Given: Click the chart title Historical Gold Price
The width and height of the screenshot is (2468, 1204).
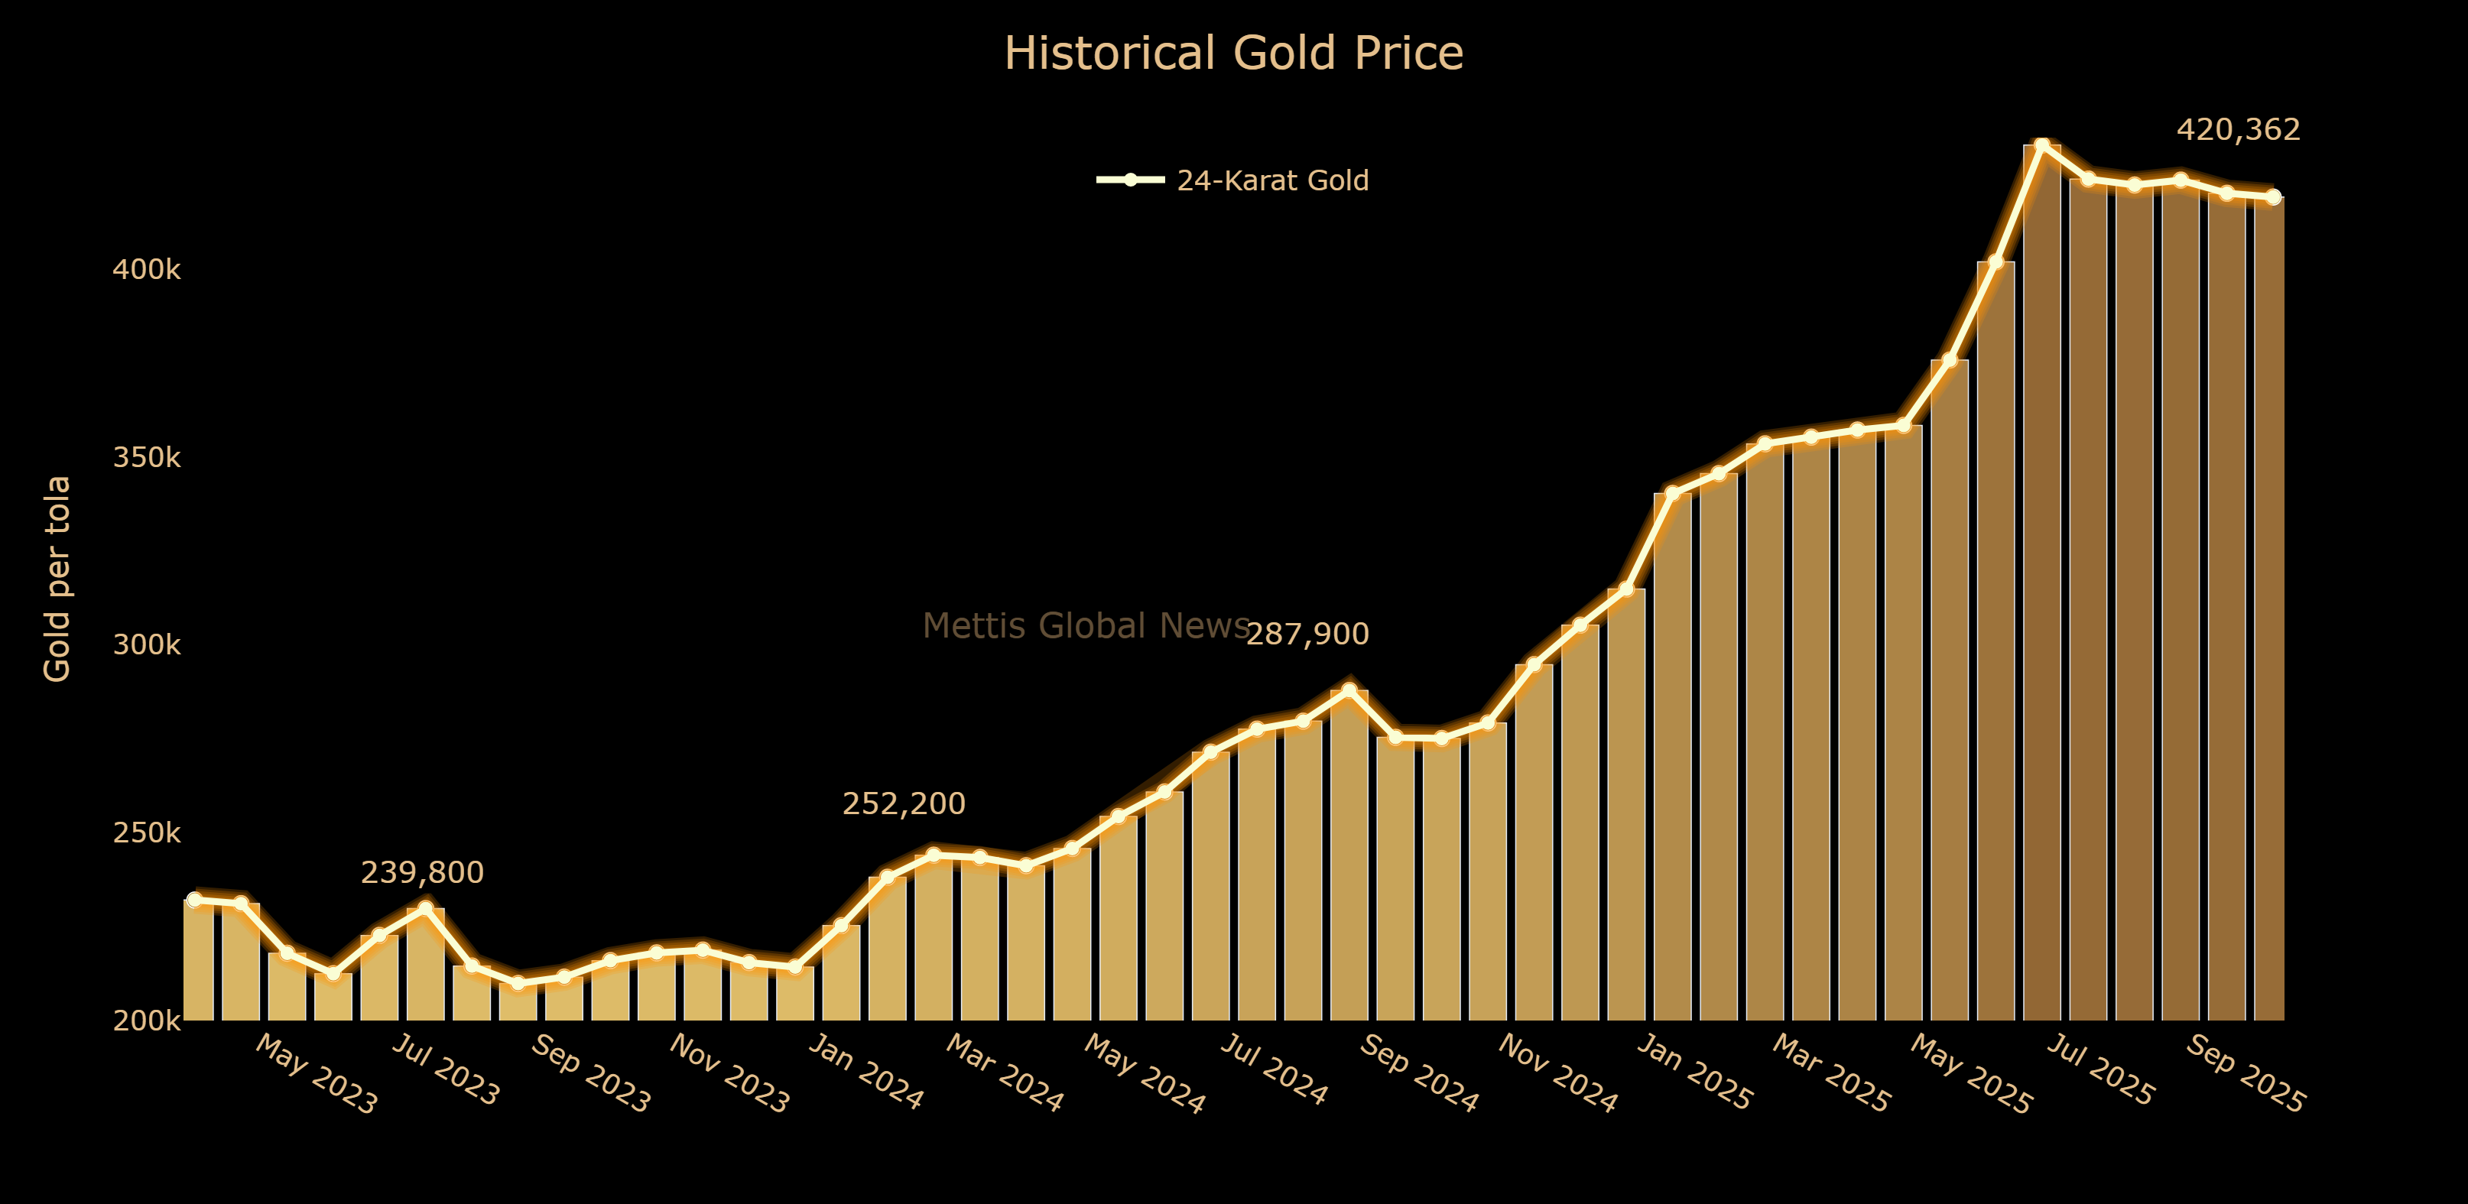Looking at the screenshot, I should click(x=1233, y=54).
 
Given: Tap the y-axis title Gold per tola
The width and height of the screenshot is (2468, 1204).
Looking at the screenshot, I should click(x=57, y=579).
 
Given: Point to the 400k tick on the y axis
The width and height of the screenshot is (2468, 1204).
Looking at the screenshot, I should click(x=147, y=270).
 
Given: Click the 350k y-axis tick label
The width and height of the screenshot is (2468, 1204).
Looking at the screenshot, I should click(x=147, y=458).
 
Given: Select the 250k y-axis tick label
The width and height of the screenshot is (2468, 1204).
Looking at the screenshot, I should click(x=147, y=833).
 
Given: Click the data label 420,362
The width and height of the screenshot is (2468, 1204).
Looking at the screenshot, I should click(x=2238, y=129).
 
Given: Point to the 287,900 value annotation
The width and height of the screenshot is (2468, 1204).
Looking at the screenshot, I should click(x=1307, y=634).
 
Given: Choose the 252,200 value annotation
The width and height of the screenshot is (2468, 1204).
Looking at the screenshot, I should click(x=904, y=803).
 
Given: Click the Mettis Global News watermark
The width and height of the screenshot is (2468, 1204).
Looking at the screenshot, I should click(x=1086, y=625).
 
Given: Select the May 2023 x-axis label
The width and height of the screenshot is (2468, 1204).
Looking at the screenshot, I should click(x=317, y=1075).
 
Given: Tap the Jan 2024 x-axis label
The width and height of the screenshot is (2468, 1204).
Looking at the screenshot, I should click(x=866, y=1072).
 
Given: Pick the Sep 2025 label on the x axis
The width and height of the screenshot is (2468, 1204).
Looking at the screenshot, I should click(x=2245, y=1075).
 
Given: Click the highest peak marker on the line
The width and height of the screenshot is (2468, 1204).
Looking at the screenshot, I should click(x=2041, y=145).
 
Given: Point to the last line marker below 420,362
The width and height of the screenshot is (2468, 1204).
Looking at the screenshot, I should click(x=2272, y=197).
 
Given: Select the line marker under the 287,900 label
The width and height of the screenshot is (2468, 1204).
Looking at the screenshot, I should click(x=1349, y=690).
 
